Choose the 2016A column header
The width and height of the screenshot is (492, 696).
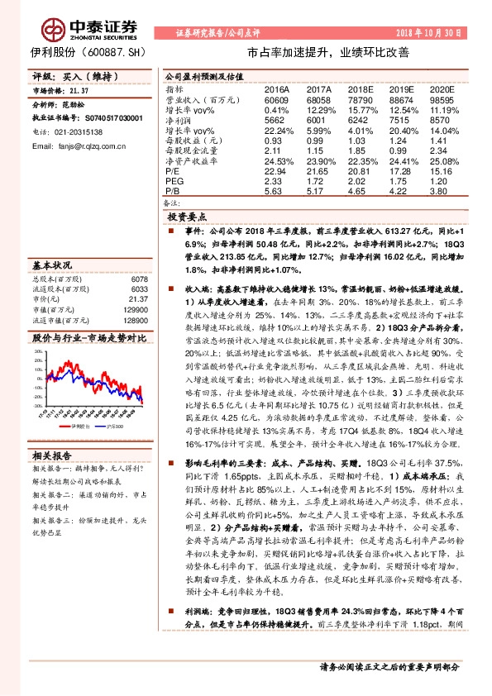pyautogui.click(x=276, y=88)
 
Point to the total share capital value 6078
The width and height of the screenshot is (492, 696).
pyautogui.click(x=140, y=279)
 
